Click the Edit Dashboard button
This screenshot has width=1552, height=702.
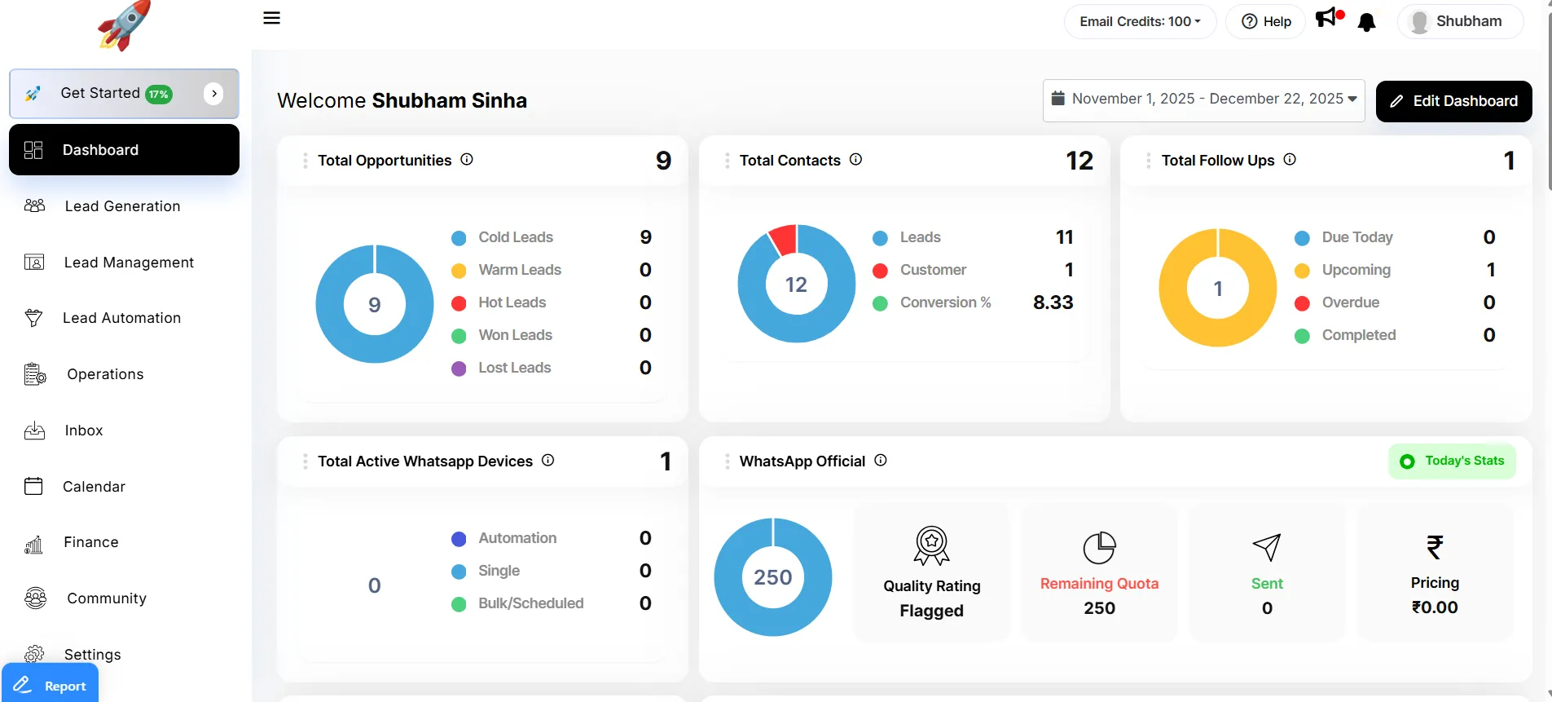point(1453,101)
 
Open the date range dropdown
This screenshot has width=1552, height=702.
point(1203,99)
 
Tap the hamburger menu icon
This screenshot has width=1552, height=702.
point(272,18)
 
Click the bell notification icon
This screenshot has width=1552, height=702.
point(1367,22)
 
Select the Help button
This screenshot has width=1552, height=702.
point(1266,21)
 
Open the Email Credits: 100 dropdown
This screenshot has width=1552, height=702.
point(1140,21)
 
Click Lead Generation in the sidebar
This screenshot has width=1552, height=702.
point(122,206)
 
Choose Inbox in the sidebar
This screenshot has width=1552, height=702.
point(84,430)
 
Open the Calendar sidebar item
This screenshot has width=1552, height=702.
point(94,487)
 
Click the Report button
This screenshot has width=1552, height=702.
point(51,685)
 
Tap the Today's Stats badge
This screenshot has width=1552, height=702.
point(1452,461)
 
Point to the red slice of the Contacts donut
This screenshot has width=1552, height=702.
point(783,238)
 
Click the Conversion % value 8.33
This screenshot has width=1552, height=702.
point(1053,302)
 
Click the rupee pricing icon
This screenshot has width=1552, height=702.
point(1435,546)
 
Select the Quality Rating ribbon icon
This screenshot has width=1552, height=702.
point(931,545)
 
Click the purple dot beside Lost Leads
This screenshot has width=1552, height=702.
point(459,369)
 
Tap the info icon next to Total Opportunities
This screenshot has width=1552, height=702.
point(467,160)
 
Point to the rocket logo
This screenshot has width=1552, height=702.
point(124,26)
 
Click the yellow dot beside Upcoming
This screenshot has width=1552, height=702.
point(1302,271)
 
